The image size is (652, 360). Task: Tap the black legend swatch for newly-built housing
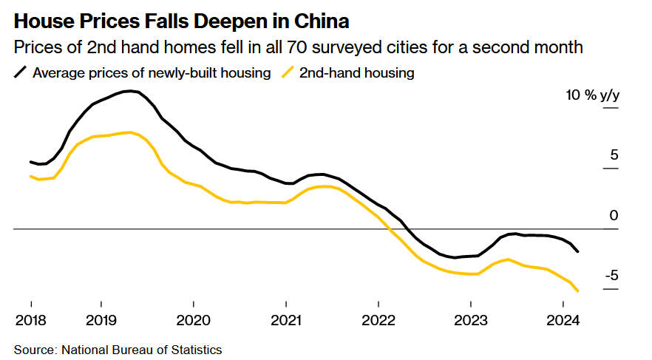click(21, 72)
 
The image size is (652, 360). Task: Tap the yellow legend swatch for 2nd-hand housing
click(287, 72)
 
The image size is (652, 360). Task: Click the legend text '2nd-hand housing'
click(356, 72)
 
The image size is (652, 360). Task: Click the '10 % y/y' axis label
click(591, 95)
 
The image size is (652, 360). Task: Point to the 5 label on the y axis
click(614, 155)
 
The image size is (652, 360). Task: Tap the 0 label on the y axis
click(614, 216)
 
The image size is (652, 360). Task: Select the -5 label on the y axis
click(611, 276)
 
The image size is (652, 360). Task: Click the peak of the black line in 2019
click(131, 91)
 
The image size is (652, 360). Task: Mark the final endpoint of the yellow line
click(577, 291)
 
